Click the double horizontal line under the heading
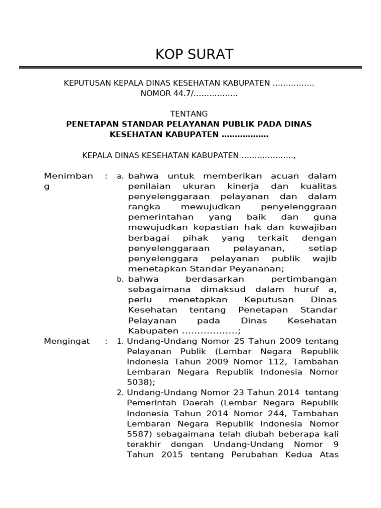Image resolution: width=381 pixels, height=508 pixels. coord(190,67)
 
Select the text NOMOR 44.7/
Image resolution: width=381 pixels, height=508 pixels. coord(167,93)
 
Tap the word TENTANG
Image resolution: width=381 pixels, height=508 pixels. coord(189,114)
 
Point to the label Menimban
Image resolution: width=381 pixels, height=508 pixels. coord(68,176)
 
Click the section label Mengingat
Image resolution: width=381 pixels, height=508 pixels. coord(67,341)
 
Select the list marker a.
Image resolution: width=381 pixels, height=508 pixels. coord(120,177)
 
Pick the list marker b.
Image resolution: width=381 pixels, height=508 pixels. coord(120,280)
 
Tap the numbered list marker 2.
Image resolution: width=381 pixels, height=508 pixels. coord(120,393)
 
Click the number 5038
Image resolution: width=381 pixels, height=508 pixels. coord(140,382)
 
